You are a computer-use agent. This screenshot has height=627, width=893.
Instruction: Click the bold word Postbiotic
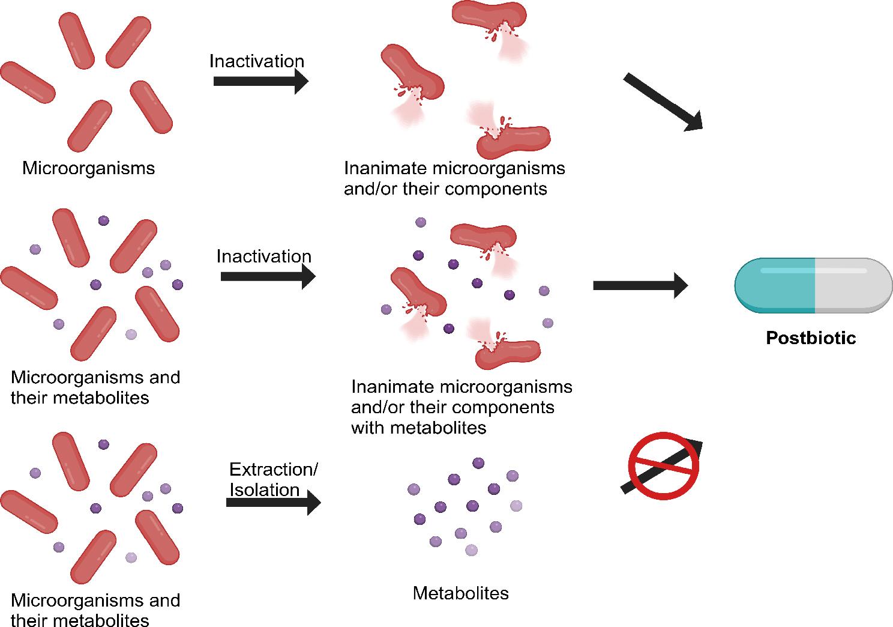click(810, 338)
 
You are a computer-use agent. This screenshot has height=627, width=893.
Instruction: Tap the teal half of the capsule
click(775, 285)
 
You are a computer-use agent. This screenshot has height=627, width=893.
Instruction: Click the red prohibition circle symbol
click(663, 466)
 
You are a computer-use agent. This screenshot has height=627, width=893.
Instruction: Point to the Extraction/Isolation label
click(273, 479)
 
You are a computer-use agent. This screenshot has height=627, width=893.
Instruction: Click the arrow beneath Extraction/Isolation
click(273, 502)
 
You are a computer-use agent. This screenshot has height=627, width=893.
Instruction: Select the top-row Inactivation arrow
click(260, 81)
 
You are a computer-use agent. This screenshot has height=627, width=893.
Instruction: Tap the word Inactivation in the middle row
click(263, 256)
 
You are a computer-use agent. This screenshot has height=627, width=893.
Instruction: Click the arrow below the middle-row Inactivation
click(268, 276)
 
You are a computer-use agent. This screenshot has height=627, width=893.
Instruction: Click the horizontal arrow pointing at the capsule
click(640, 285)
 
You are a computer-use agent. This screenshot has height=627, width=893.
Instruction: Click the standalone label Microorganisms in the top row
click(88, 168)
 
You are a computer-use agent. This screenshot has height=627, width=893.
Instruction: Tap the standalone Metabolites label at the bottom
click(460, 593)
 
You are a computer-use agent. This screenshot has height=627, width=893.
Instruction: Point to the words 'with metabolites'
click(418, 428)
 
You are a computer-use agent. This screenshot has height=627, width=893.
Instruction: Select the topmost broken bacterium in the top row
click(489, 18)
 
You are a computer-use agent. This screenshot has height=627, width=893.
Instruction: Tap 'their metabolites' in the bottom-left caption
click(80, 620)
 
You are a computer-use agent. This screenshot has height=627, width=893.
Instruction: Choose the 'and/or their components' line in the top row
click(445, 189)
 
